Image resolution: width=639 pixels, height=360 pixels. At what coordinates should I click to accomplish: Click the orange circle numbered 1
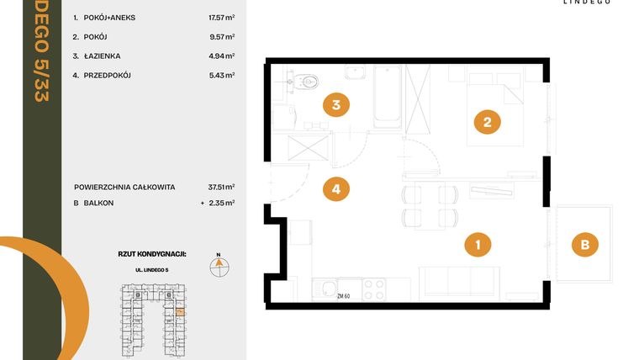tap(478, 246)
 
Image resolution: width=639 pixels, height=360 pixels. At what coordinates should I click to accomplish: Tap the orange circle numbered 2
tap(487, 123)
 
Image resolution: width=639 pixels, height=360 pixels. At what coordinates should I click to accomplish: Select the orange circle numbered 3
tap(335, 106)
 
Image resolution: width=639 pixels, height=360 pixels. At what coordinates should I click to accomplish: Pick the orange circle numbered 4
tap(335, 189)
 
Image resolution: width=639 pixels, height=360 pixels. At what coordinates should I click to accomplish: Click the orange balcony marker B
tap(584, 246)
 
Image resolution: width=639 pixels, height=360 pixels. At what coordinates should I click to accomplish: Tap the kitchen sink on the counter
tap(325, 289)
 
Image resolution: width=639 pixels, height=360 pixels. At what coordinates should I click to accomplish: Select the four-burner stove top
tap(373, 289)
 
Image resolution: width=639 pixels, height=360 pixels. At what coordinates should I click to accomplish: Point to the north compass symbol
tap(219, 266)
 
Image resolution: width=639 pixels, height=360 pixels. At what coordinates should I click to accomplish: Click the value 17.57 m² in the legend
tap(220, 17)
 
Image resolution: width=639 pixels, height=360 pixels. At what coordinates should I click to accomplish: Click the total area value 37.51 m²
tap(220, 188)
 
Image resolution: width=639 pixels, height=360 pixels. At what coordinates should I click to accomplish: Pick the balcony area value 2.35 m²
tap(222, 203)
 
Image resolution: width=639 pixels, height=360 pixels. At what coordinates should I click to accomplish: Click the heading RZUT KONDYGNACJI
tap(152, 252)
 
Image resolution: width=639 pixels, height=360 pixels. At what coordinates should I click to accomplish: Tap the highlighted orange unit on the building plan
tap(179, 313)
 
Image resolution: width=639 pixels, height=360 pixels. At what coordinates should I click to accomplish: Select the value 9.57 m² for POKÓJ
tap(222, 37)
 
